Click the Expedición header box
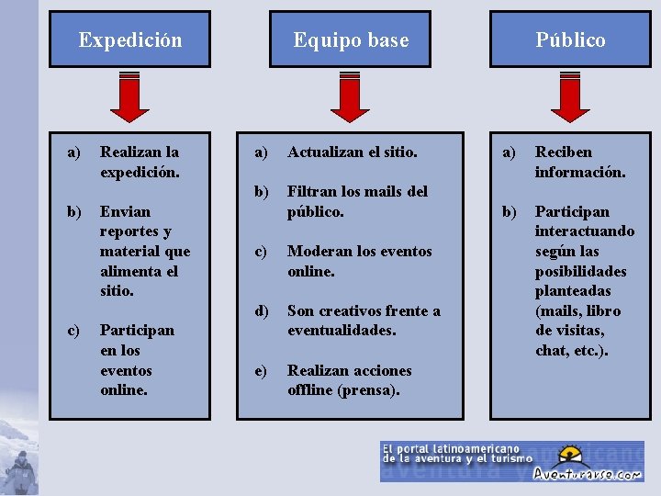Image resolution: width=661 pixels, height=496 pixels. point(129,39)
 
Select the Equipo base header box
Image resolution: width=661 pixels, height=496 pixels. point(350,39)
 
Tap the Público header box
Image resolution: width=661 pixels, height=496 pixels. point(570,39)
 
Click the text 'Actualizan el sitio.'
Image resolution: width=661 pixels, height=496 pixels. point(352,152)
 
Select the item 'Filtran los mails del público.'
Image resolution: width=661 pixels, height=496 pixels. point(356,201)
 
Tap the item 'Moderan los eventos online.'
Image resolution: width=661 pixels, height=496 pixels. point(358,261)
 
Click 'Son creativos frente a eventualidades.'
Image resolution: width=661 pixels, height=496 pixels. point(363,320)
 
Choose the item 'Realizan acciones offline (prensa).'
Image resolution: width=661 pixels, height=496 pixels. point(349,379)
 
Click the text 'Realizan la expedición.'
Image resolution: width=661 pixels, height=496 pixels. point(140,161)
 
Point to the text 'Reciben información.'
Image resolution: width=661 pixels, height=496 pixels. point(579,161)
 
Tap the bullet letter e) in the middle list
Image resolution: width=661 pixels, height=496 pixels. point(261,370)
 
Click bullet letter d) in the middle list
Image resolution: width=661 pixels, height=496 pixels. point(261,310)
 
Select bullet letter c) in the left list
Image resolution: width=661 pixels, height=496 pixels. point(73,330)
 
